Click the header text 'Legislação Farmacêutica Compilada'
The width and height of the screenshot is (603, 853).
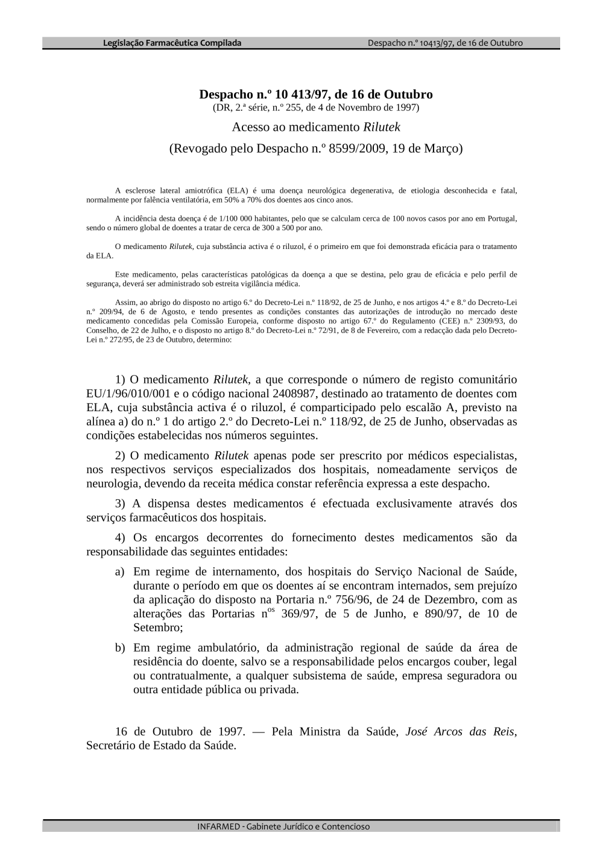[172, 43]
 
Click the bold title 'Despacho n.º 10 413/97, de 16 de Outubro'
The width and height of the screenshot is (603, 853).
[316, 95]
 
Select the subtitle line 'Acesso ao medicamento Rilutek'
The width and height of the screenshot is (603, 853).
[316, 127]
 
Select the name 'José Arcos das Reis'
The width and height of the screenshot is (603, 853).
[460, 732]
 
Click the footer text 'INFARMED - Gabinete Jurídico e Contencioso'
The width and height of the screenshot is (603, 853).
[283, 826]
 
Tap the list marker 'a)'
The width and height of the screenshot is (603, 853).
[120, 571]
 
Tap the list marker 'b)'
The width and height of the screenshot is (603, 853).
[120, 648]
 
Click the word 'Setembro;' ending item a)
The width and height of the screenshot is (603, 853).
[158, 628]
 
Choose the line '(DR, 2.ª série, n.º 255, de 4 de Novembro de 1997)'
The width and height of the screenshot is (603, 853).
[316, 108]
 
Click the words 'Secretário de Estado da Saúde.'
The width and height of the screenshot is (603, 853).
[161, 746]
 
